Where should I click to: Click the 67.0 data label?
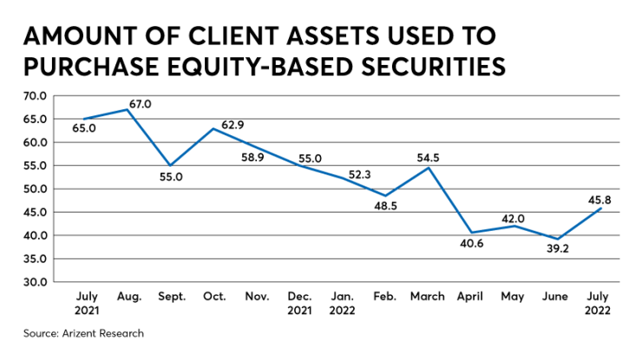(141, 104)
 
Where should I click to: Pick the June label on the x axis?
(555, 296)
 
